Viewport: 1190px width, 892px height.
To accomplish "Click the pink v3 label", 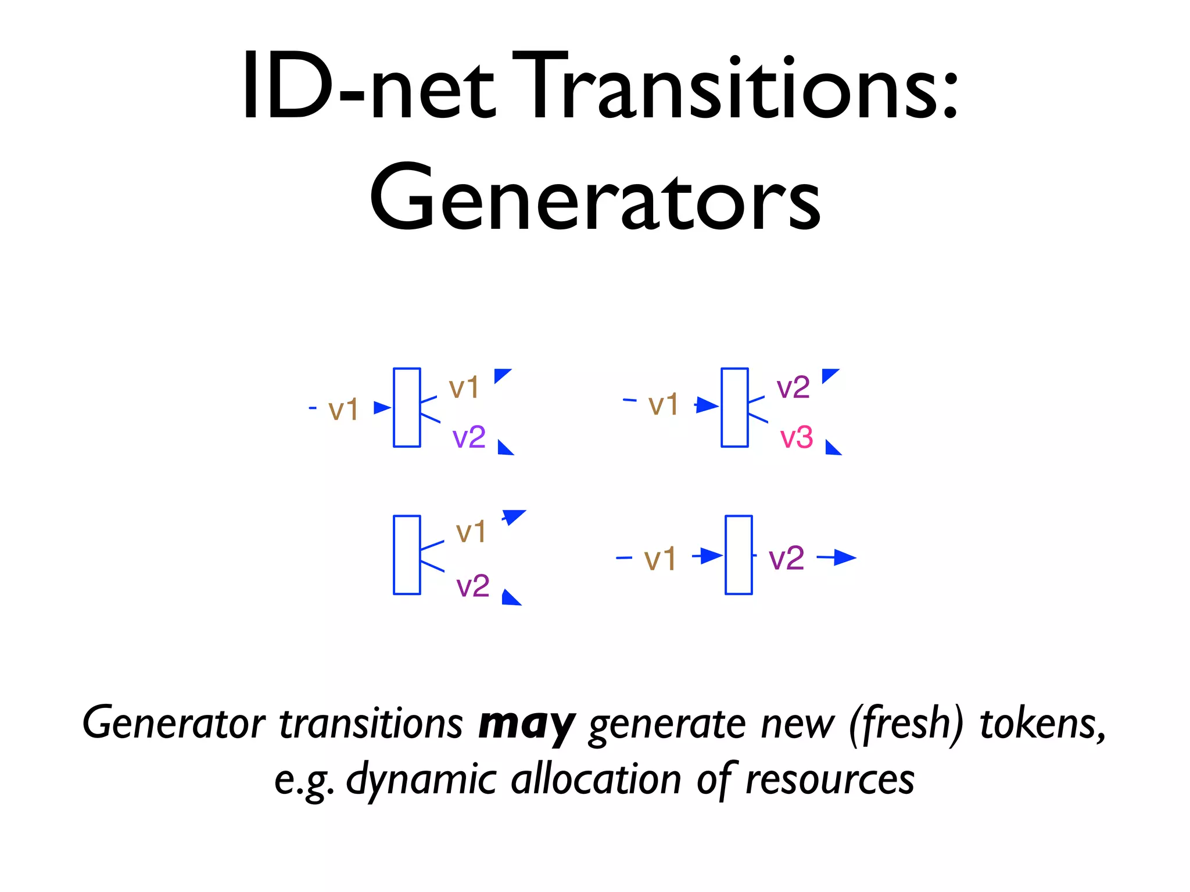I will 796,438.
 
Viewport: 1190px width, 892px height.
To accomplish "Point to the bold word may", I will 526,725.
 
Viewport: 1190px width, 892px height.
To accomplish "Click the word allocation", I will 596,779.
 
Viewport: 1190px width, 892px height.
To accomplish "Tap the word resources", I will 830,779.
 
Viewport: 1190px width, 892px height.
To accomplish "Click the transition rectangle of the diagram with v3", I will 734,407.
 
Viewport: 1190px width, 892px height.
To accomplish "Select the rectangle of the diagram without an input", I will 407,555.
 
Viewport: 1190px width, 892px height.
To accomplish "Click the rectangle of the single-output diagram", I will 739,555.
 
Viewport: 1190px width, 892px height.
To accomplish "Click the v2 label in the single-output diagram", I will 786,559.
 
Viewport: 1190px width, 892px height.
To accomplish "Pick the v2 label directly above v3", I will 793,387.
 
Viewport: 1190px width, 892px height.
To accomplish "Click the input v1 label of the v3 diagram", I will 663,405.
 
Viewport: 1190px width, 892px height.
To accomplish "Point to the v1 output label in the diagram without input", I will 471,532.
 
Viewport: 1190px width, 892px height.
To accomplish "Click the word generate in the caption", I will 667,725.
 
